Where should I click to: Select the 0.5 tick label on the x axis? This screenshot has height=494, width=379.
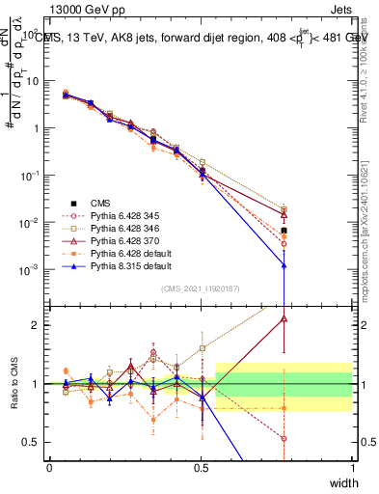201,468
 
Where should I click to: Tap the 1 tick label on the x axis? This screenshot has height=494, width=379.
353,468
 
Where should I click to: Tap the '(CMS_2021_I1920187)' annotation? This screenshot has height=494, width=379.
201,288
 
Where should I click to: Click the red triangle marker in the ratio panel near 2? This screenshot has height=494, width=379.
284,317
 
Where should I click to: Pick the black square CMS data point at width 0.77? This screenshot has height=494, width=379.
284,231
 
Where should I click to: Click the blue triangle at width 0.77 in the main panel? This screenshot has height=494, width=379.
284,265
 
